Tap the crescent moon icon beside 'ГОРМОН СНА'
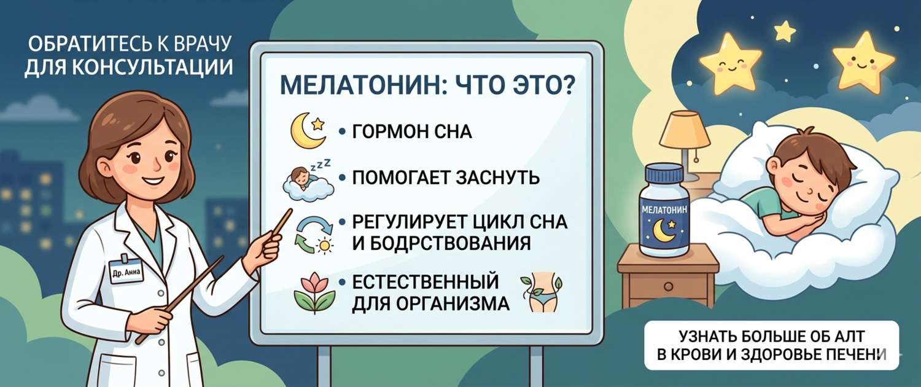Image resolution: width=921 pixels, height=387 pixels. pyautogui.click(x=306, y=131)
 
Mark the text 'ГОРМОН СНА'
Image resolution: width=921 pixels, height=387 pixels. pyautogui.click(x=411, y=132)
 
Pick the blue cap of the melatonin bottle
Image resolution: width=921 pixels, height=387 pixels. pyautogui.click(x=664, y=174)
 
